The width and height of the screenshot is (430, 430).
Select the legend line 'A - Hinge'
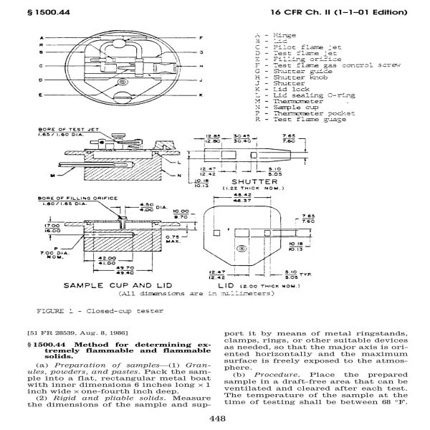tap(276, 34)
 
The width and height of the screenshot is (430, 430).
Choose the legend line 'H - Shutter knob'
tap(288, 75)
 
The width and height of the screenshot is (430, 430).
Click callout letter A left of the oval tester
tap(42, 37)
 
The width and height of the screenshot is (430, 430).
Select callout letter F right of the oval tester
tap(202, 37)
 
